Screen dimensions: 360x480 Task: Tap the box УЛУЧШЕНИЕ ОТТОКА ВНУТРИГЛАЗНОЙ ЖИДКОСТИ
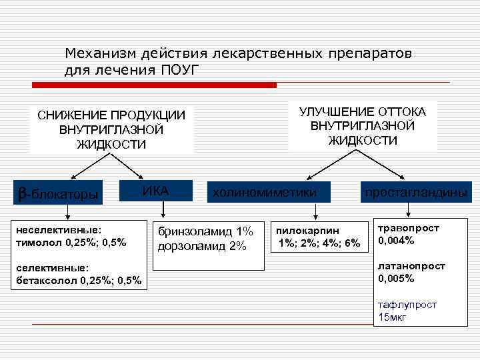pyautogui.click(x=363, y=125)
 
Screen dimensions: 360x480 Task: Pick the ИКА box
pyautogui.click(x=155, y=191)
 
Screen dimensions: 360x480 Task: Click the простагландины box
pyautogui.click(x=415, y=192)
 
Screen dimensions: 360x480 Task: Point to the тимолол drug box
pyautogui.click(x=71, y=235)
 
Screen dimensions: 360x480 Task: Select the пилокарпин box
pyautogui.click(x=318, y=236)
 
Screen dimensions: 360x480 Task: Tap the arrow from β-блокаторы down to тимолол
pyautogui.click(x=67, y=212)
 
